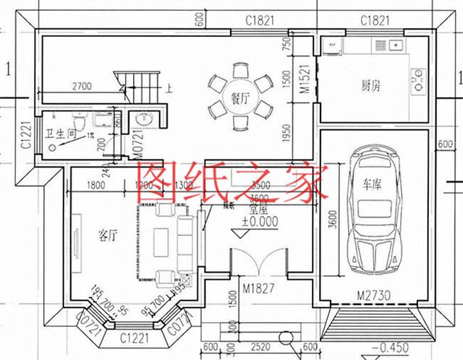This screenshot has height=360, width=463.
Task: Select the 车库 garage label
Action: point(373,184)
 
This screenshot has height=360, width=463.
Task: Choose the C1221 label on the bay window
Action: point(134,338)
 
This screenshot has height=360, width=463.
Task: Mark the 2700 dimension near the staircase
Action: point(81,87)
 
